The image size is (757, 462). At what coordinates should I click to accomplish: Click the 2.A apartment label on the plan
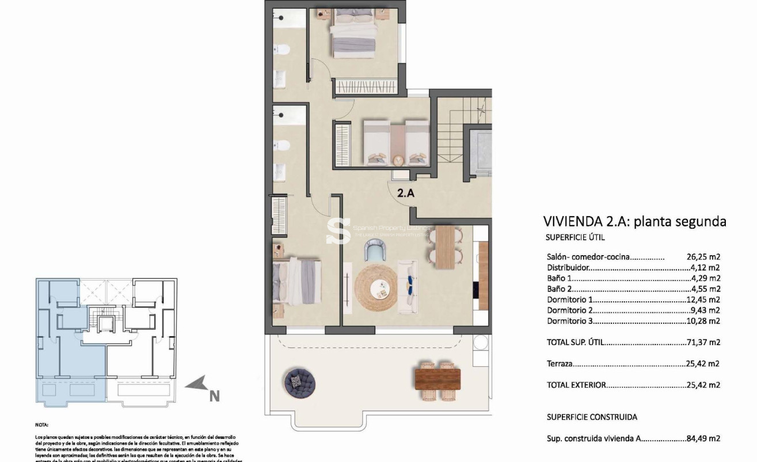point(406,194)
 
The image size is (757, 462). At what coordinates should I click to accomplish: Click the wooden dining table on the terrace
point(438,379)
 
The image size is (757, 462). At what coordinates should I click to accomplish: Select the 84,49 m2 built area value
point(703,438)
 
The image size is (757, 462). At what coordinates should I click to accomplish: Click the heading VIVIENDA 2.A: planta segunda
point(634,222)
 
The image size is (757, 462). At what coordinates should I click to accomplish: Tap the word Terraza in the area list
point(560,363)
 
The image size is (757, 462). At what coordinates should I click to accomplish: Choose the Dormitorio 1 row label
point(569,300)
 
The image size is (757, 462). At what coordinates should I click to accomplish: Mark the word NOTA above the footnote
point(42,423)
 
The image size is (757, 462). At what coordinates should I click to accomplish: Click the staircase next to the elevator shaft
point(452,132)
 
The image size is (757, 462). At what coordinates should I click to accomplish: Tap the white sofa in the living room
point(408,286)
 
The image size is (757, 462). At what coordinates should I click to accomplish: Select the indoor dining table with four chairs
point(444,247)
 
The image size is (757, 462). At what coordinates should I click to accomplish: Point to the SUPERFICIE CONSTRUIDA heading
point(592,417)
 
